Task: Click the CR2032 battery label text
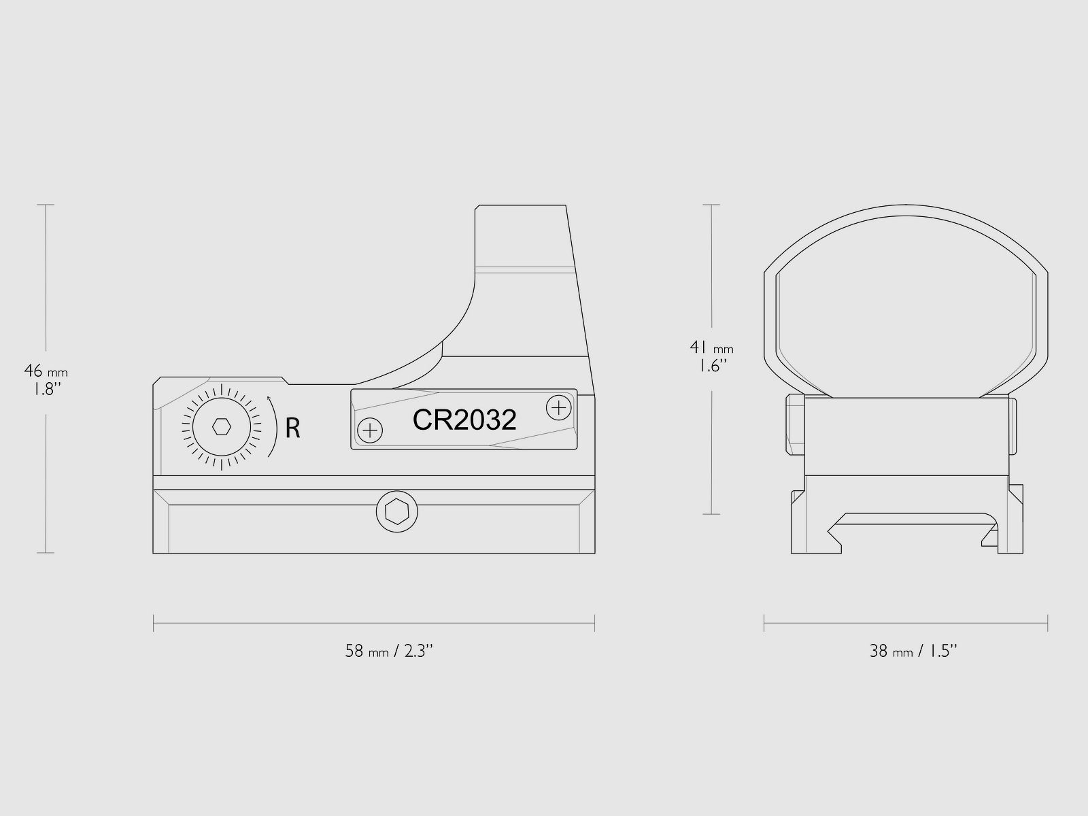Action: [x=464, y=420]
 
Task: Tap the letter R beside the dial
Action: [x=292, y=428]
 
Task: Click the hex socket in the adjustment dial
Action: [x=222, y=427]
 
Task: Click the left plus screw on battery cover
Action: [x=370, y=430]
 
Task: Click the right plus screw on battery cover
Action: [x=558, y=407]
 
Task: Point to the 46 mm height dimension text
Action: [x=46, y=371]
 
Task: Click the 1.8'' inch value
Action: [x=45, y=390]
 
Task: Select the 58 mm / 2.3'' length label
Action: [x=389, y=651]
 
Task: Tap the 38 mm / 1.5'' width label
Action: [x=913, y=651]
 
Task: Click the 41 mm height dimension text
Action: [x=711, y=347]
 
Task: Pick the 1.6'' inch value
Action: [x=711, y=366]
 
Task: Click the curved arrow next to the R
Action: [x=273, y=426]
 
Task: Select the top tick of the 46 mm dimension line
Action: [x=46, y=205]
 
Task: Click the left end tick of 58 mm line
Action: [x=154, y=623]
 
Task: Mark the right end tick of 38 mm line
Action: [x=1047, y=623]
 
